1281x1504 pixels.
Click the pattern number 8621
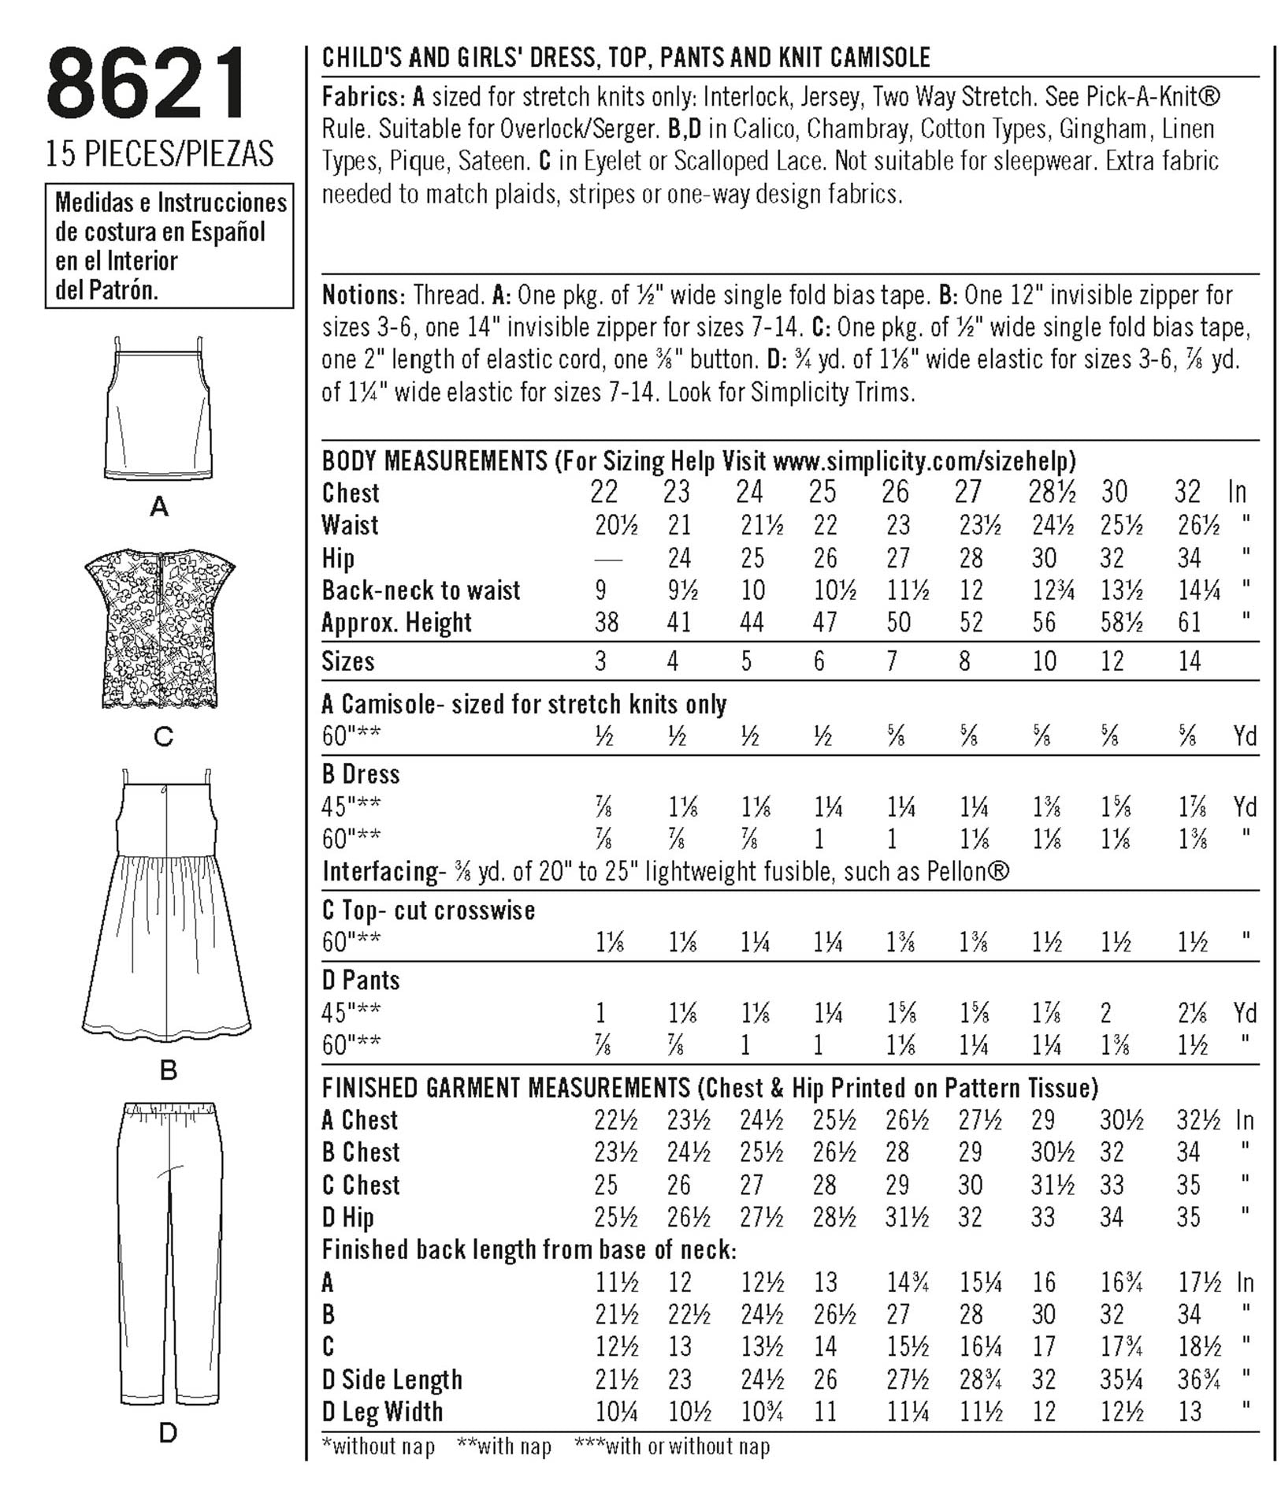click(147, 84)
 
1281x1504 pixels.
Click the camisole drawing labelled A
click(158, 410)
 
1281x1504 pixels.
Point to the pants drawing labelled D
click(169, 1253)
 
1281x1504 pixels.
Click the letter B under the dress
click(168, 1070)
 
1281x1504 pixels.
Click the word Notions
click(362, 296)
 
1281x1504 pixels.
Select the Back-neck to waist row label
click(421, 590)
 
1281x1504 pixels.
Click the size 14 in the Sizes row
click(1189, 661)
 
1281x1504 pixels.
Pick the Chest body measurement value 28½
click(1052, 492)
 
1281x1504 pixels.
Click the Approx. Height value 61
click(1189, 623)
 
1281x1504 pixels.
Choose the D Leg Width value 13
click(1190, 1411)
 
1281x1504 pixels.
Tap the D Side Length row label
click(392, 1379)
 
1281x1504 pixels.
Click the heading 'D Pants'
click(361, 980)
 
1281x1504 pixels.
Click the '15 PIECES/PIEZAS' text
click(160, 153)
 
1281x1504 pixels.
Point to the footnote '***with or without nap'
click(672, 1446)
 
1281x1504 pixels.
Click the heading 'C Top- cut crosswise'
click(429, 910)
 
